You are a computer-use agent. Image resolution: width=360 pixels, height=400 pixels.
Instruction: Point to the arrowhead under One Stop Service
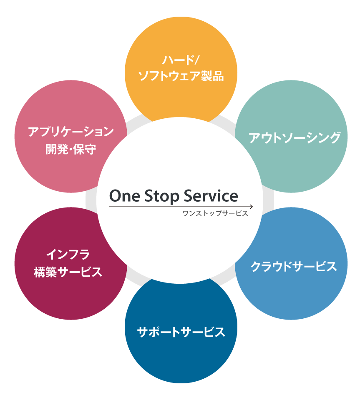point(251,206)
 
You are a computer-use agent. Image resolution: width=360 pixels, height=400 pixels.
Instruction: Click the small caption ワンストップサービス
point(215,214)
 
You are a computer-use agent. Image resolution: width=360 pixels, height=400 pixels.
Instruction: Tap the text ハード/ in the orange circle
point(180,60)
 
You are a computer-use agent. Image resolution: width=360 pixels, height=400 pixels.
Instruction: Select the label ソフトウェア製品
point(181,77)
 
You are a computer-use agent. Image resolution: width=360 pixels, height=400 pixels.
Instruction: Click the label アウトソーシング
point(295,138)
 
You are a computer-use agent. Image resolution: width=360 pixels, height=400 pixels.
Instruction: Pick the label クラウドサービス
point(294,266)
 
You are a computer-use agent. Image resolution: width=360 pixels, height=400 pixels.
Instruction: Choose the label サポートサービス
point(181,332)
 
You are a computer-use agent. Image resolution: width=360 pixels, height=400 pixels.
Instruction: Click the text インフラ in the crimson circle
point(68,254)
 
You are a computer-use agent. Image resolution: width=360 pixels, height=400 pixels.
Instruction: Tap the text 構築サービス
point(68,272)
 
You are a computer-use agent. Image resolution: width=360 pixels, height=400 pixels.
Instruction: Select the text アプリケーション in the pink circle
point(71,132)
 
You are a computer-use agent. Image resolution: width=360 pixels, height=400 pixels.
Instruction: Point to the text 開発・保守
point(71,149)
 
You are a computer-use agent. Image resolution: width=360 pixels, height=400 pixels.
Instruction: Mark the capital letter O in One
point(116,196)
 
